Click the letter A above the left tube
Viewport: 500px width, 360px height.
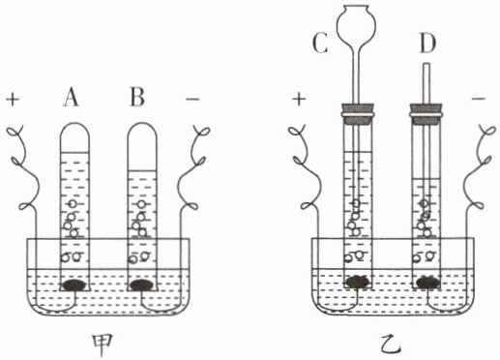tap(71, 97)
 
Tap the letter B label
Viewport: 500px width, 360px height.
tap(137, 97)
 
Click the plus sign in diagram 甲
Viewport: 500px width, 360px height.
tap(13, 99)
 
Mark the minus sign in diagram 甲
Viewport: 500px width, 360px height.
tap(192, 99)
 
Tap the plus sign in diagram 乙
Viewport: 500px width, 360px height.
tap(299, 99)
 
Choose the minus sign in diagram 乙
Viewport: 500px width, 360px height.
tap(479, 99)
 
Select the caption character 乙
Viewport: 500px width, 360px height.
tap(391, 345)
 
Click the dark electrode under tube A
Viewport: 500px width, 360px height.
tap(74, 285)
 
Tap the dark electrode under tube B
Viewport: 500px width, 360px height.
tap(142, 285)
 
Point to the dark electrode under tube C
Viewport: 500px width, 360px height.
tap(358, 282)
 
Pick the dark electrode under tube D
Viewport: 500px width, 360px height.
tap(428, 282)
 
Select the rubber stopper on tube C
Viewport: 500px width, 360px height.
tap(358, 114)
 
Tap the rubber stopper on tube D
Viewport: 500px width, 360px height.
tap(426, 114)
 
